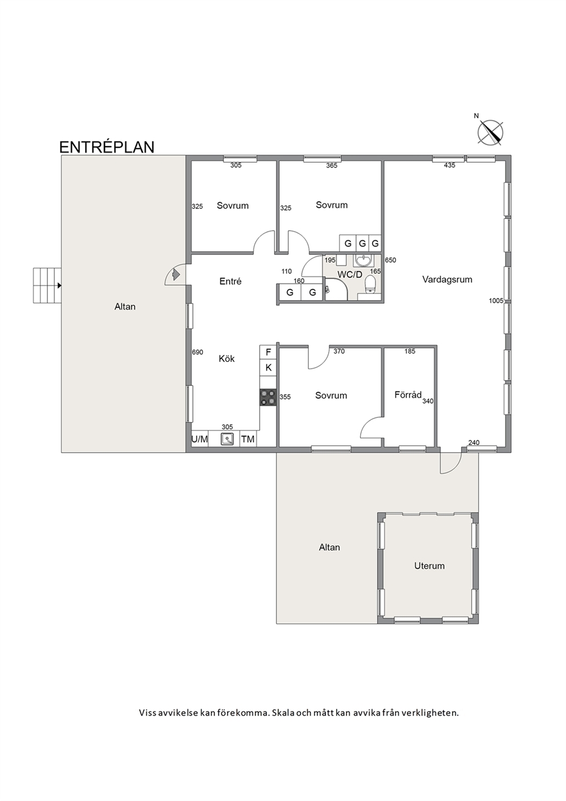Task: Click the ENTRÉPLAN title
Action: coord(107,147)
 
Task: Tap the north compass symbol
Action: coord(490,132)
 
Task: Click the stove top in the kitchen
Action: coord(268,397)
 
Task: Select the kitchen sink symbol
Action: coord(227,438)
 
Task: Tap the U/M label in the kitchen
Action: coord(199,439)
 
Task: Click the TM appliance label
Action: coord(248,439)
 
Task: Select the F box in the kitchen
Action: coord(268,352)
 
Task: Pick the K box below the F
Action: coord(268,367)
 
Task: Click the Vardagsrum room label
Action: coord(447,279)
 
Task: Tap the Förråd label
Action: coord(408,395)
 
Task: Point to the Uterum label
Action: coord(429,566)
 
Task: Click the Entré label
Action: coord(230,281)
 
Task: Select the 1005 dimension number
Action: coord(496,301)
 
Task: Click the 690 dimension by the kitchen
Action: coord(197,352)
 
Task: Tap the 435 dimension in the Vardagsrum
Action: coord(449,165)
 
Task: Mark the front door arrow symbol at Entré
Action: coord(175,275)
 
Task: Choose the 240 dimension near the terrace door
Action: coord(474,442)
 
